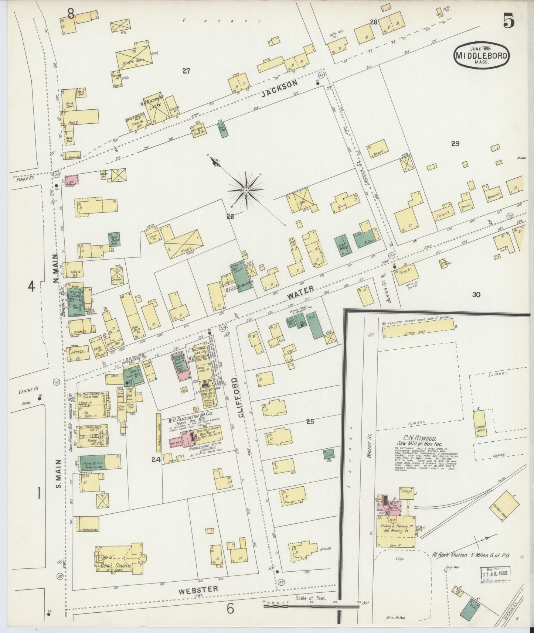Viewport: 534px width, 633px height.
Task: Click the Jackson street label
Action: (x=279, y=89)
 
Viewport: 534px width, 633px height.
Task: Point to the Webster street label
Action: (x=198, y=590)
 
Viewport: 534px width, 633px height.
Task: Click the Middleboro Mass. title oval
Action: (x=482, y=55)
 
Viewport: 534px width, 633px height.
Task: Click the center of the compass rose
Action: (x=246, y=190)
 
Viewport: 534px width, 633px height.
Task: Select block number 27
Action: (x=186, y=71)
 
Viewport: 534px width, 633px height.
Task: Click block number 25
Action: (x=310, y=421)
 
